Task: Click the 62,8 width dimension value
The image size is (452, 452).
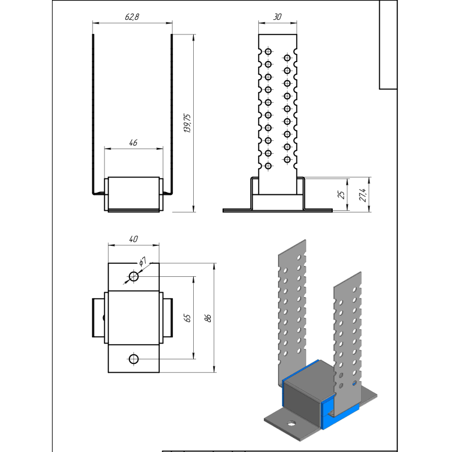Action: tap(132, 17)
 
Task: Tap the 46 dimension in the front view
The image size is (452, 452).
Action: tap(133, 143)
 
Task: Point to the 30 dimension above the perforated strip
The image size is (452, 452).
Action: tap(277, 17)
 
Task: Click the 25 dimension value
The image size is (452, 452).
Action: tap(341, 195)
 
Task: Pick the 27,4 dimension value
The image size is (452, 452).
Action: tap(364, 195)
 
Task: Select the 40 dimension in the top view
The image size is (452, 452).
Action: tap(133, 240)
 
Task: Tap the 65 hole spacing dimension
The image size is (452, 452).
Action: tap(188, 318)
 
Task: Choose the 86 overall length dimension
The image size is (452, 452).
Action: tap(208, 318)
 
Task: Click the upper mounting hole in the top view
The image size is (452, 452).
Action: tap(133, 276)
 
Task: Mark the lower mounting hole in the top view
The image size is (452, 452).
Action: tap(133, 359)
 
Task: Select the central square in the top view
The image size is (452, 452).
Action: tap(133, 318)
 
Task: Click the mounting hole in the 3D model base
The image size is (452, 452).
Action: tap(291, 423)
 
